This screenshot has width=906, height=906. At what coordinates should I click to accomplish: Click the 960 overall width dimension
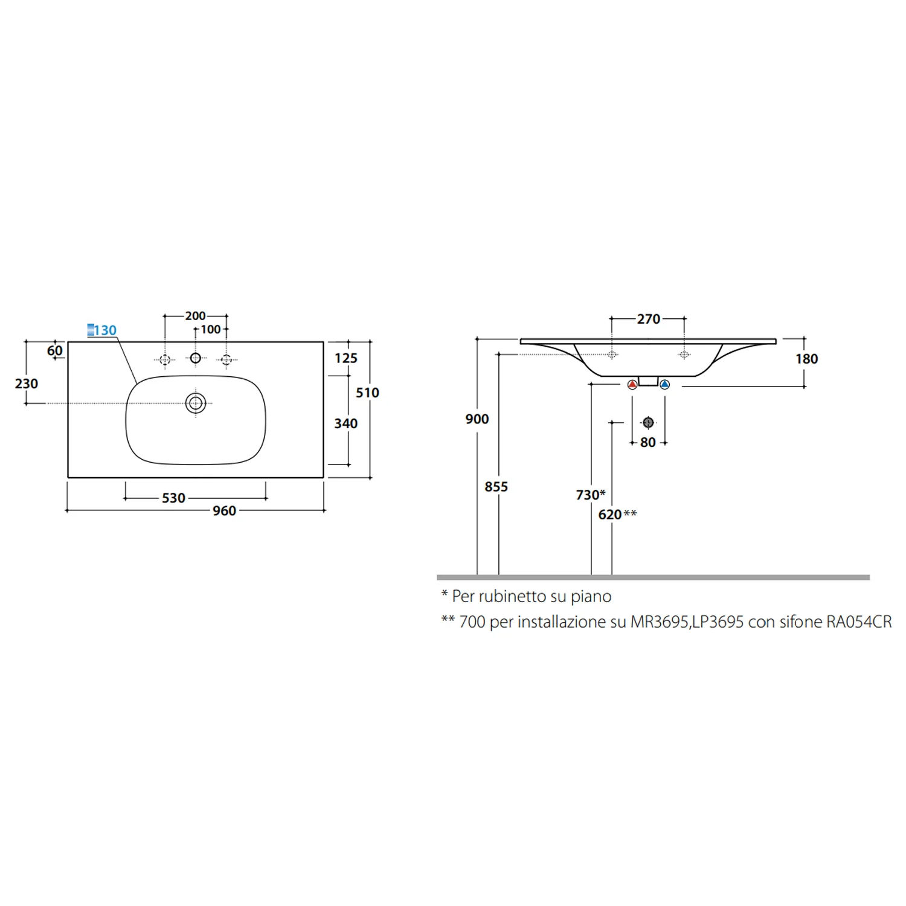tap(224, 511)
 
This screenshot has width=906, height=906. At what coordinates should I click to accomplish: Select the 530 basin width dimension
tap(173, 498)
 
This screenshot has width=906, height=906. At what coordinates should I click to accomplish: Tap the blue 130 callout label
tap(102, 330)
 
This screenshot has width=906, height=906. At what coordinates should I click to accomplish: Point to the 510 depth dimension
tap(367, 393)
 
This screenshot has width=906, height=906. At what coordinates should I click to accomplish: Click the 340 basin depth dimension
tap(346, 423)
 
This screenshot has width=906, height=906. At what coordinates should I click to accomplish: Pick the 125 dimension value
tap(346, 358)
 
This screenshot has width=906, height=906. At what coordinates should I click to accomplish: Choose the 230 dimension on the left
tap(27, 384)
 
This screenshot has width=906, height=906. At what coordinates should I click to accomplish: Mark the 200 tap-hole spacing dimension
tap(195, 316)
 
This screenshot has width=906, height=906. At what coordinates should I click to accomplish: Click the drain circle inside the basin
tap(196, 403)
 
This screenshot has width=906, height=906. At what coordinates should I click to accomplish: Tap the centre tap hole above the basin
tap(195, 358)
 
